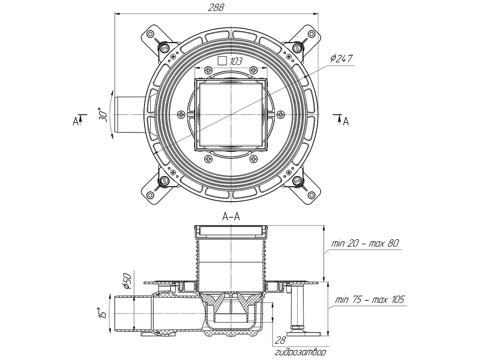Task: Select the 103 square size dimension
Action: [235, 61]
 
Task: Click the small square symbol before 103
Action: [222, 61]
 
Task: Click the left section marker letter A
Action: [75, 121]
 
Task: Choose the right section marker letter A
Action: [346, 121]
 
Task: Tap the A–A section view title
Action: [231, 217]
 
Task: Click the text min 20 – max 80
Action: [365, 244]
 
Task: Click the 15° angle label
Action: [102, 313]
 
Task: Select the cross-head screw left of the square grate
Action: [181, 114]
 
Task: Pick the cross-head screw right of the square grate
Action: [281, 114]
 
